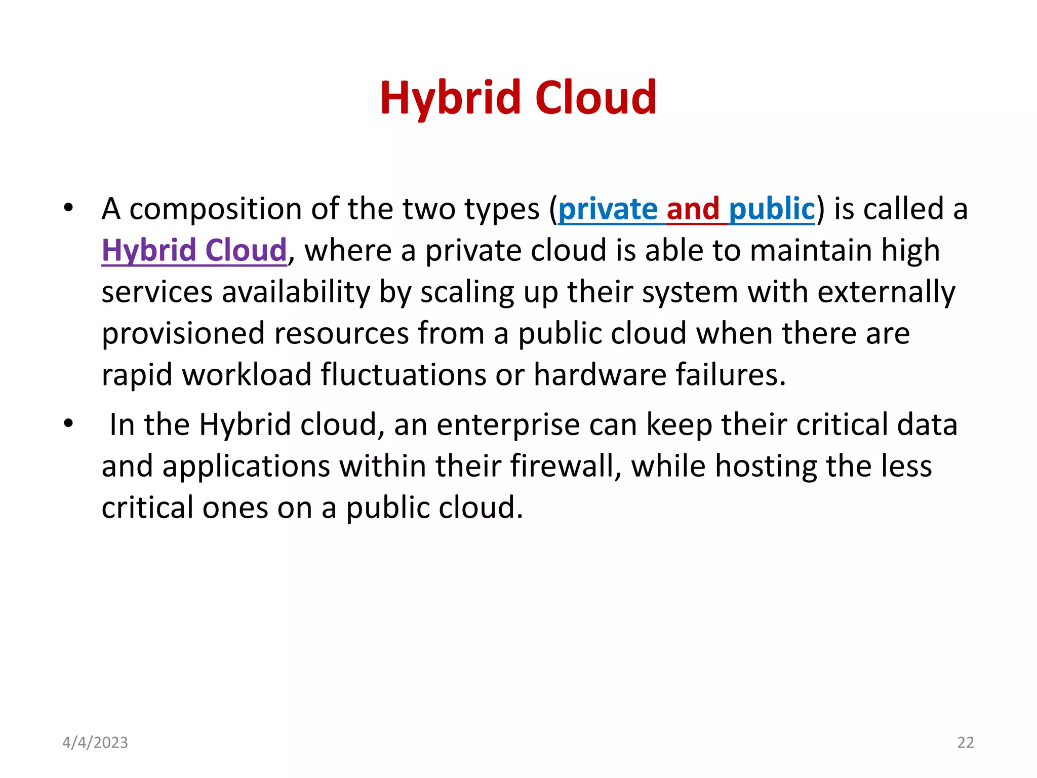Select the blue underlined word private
(x=608, y=209)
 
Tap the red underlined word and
(x=693, y=209)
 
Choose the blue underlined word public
(x=772, y=209)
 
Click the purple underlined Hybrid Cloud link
(x=194, y=250)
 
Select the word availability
(x=296, y=292)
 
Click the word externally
(x=886, y=292)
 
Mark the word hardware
(x=600, y=375)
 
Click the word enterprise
(x=508, y=425)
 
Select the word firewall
(x=565, y=466)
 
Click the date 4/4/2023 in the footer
(x=95, y=743)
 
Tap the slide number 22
(x=965, y=743)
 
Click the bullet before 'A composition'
(x=68, y=208)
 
